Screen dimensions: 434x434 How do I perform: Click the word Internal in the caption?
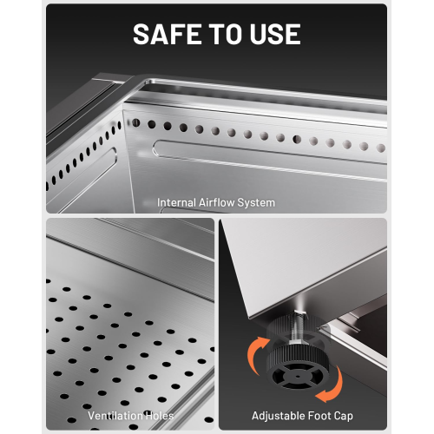(177, 202)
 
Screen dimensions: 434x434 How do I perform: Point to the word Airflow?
(217, 202)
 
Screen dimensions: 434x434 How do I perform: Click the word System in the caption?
(256, 203)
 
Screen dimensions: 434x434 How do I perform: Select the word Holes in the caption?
(160, 416)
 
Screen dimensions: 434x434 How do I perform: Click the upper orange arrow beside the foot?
(254, 353)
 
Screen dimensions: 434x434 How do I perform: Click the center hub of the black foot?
(298, 377)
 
